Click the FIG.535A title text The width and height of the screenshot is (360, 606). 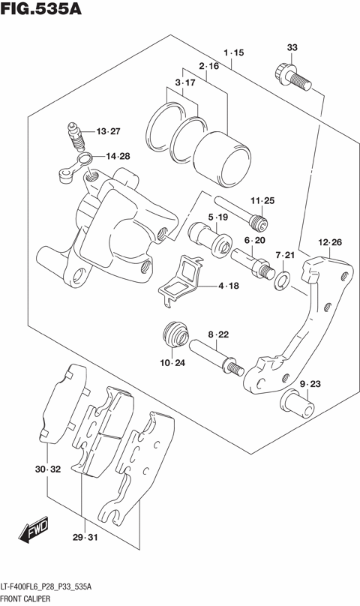(42, 10)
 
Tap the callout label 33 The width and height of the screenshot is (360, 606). (292, 48)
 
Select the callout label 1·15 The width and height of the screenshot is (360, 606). (234, 52)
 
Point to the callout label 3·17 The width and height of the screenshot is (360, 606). (184, 82)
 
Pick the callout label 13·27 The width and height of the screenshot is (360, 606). (107, 132)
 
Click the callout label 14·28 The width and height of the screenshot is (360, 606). (116, 156)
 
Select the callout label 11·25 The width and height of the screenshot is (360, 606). (262, 200)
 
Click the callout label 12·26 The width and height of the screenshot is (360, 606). (329, 242)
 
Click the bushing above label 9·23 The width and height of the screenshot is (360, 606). (298, 404)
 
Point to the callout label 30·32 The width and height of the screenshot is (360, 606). (46, 469)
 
